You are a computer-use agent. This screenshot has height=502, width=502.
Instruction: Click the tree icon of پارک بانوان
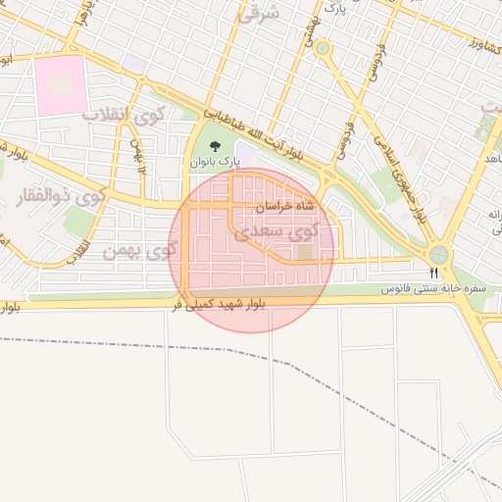click(215, 147)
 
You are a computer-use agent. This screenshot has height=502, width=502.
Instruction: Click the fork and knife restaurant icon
click(434, 273)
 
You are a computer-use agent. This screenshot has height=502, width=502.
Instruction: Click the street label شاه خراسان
click(285, 207)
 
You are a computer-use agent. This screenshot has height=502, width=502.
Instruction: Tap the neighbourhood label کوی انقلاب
click(124, 115)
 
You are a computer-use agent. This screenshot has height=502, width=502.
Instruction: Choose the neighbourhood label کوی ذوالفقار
click(61, 196)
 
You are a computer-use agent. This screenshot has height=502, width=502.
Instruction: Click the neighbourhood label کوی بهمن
click(139, 251)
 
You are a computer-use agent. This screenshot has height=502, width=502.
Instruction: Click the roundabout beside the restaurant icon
click(439, 255)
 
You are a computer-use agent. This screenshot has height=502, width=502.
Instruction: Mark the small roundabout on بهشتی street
click(323, 47)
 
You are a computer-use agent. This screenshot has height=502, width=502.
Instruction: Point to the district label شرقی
click(259, 13)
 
